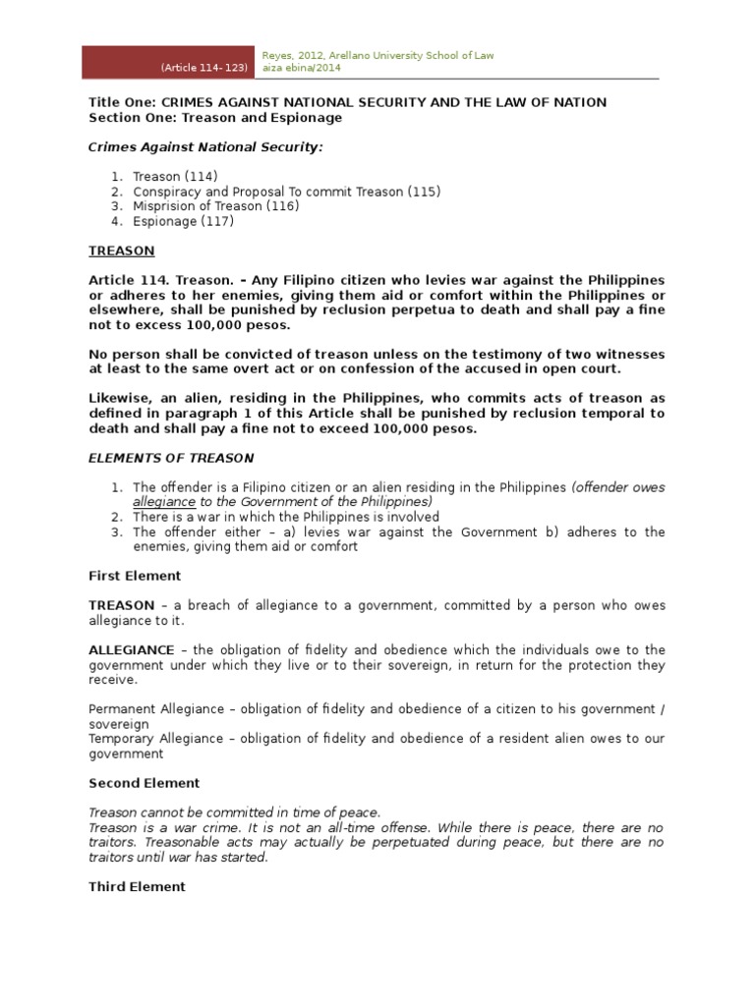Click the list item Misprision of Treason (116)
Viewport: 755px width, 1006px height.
pos(215,206)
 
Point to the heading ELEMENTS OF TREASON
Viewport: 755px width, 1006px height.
pos(171,458)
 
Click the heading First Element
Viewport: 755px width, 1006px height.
pos(135,576)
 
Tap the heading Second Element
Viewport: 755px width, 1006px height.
pos(144,783)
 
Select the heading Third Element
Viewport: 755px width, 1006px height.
pos(137,886)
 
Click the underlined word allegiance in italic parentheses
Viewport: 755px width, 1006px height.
pos(164,502)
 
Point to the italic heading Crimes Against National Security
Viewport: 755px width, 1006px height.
pos(205,146)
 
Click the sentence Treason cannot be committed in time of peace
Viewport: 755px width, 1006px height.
pos(234,812)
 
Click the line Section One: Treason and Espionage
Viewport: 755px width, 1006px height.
pos(215,117)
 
